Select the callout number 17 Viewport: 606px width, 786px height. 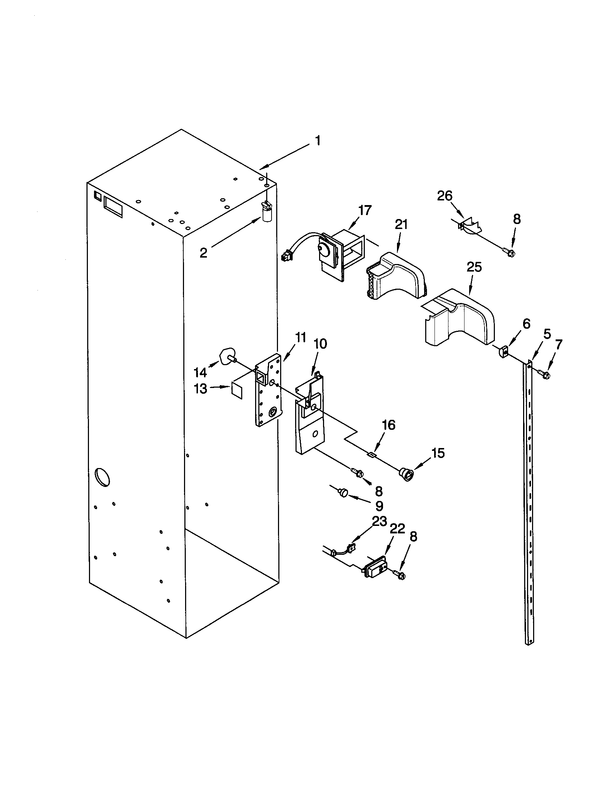click(x=364, y=210)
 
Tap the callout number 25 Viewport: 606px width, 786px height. click(x=474, y=267)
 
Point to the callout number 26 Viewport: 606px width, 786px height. click(x=445, y=196)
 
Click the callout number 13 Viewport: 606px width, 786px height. click(x=201, y=389)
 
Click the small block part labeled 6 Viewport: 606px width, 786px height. click(x=503, y=350)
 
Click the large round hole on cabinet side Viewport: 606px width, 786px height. click(x=103, y=478)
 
